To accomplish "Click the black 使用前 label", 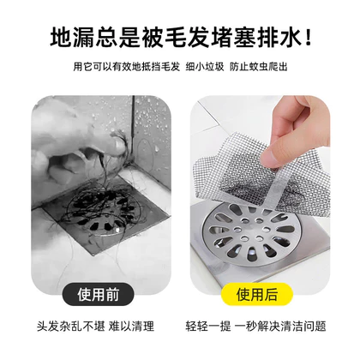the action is coord(98,294).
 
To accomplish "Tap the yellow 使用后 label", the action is coord(257,294).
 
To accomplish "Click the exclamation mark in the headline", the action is coord(308,37).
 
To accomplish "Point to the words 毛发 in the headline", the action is coord(187,37).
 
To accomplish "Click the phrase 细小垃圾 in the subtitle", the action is coord(205,67).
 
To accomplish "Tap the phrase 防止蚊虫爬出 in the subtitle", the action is coord(258,67).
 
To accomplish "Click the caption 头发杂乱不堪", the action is coord(71,327).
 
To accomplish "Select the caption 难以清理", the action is coord(131,327).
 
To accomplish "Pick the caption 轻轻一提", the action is coord(208,327).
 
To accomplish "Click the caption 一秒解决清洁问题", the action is coord(280,327).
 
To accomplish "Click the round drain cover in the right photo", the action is coord(249,234).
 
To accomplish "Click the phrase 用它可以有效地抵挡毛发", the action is coord(127,67).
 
